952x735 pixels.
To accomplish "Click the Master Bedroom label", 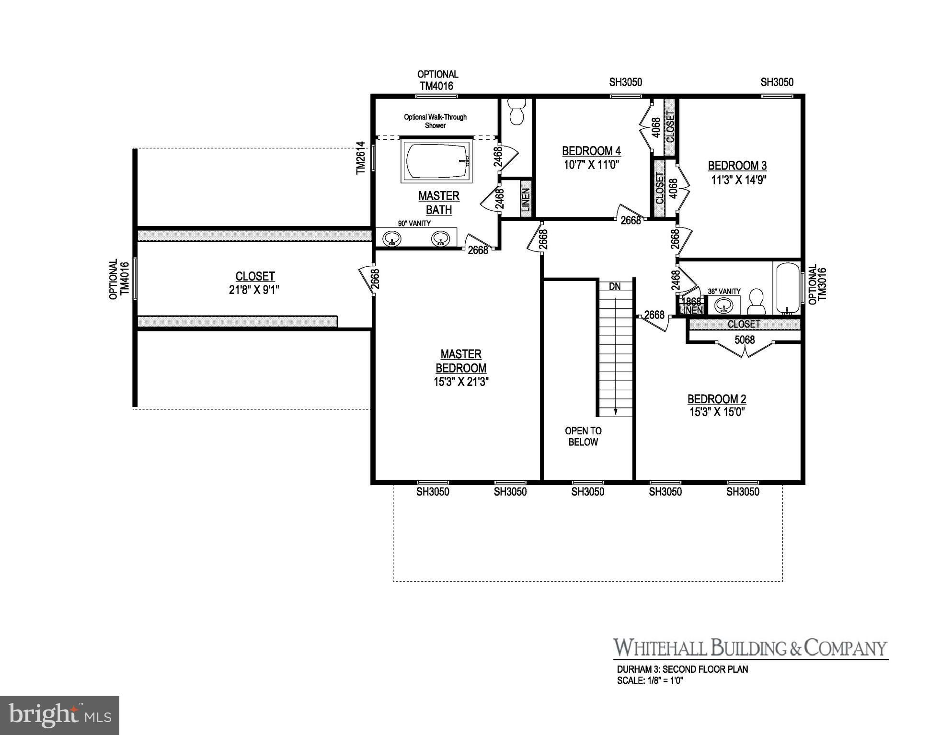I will point(461,361).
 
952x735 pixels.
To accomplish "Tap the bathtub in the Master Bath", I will point(436,161).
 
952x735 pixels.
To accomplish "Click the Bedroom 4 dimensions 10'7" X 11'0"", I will point(592,165).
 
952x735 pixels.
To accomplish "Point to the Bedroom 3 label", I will point(737,166).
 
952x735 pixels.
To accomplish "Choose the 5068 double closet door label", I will point(745,340).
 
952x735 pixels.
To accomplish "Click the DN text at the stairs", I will point(615,287).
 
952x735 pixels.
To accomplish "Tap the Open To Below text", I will point(583,436).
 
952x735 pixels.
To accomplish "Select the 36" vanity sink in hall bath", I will point(723,305).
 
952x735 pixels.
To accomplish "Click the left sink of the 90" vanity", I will point(392,238).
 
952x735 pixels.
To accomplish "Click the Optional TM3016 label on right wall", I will point(818,285).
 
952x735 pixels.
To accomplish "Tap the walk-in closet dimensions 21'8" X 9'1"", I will point(254,290).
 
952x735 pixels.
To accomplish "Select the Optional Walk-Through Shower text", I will point(435,121).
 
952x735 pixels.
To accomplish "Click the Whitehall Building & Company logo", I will point(750,648).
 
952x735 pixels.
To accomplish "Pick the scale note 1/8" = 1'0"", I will point(650,680).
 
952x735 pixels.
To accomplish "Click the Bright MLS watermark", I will point(59,715).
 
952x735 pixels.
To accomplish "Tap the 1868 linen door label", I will point(691,302).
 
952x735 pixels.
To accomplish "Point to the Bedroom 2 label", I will point(717,399).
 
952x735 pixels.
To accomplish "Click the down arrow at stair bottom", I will point(615,411).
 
